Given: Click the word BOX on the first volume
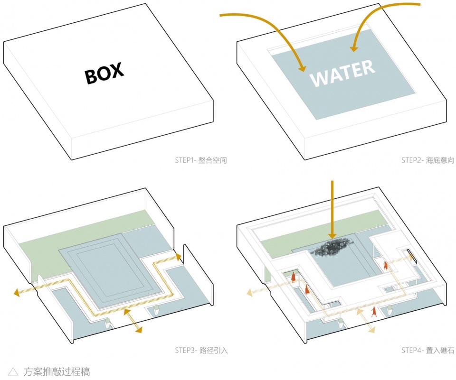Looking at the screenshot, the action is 104,73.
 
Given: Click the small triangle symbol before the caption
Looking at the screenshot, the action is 13,371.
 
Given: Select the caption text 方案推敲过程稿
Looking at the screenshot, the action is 57,371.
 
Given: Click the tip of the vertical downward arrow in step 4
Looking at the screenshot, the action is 332,239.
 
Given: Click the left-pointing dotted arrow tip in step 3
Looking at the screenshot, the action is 14,293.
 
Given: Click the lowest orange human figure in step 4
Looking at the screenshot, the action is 373,312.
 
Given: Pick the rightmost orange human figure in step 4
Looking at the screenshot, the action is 386,266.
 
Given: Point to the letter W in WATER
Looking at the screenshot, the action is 320,78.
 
